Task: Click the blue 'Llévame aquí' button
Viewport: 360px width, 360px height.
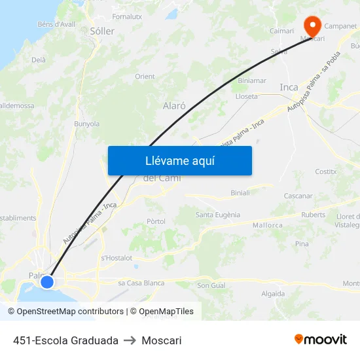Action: (179, 160)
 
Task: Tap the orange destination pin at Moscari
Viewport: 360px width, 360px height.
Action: (312, 25)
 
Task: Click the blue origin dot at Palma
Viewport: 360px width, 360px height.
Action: (47, 282)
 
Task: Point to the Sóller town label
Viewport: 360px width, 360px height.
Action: (102, 31)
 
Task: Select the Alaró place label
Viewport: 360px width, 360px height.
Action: (174, 105)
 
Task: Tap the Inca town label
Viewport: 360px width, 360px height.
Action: (289, 87)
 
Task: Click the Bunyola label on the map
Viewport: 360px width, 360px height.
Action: (86, 123)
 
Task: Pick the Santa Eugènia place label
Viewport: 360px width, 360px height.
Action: (218, 215)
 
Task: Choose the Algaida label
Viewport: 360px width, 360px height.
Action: (273, 294)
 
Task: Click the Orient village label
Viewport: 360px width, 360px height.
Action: (145, 77)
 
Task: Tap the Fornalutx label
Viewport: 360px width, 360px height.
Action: (127, 16)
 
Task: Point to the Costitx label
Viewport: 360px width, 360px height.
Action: (325, 171)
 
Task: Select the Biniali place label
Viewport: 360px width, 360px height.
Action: (240, 193)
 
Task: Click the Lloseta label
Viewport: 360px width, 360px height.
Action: (246, 96)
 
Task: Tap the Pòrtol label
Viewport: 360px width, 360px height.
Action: (156, 221)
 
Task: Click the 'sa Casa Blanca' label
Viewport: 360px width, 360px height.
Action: (141, 283)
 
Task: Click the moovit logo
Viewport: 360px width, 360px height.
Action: (321, 340)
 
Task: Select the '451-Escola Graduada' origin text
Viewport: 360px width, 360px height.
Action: (65, 340)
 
